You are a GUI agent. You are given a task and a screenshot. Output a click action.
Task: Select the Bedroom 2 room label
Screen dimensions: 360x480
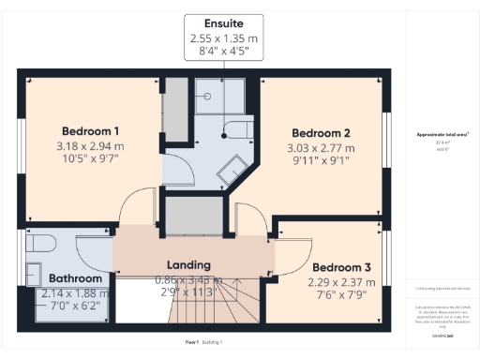pyautogui.click(x=321, y=132)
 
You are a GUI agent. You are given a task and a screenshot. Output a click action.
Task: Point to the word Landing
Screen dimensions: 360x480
pyautogui.click(x=188, y=265)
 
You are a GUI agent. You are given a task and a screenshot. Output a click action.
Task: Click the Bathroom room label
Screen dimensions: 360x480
pyautogui.click(x=75, y=278)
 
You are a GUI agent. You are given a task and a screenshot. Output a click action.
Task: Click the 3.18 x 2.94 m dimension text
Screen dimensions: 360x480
pyautogui.click(x=92, y=146)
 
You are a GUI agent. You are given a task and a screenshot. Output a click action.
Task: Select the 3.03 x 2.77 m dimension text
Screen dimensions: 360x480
pyautogui.click(x=321, y=148)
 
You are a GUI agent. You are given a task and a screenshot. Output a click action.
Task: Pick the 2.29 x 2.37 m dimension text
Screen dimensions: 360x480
pyautogui.click(x=342, y=281)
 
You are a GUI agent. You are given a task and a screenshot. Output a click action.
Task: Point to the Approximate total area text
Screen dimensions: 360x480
pyautogui.click(x=442, y=135)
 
